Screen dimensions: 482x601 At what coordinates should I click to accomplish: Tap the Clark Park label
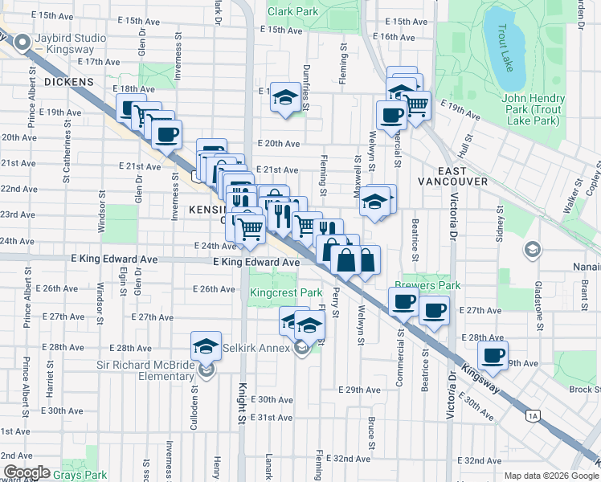[292, 11]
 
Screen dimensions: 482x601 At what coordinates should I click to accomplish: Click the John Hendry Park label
[529, 110]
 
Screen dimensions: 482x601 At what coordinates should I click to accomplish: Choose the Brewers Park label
[438, 284]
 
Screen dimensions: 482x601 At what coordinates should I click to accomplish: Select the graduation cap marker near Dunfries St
[284, 98]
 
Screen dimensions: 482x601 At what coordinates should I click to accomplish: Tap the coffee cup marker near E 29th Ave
[493, 354]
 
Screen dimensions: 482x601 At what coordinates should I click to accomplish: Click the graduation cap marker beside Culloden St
[206, 346]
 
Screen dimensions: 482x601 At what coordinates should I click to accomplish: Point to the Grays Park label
[86, 475]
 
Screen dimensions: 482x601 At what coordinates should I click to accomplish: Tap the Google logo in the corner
[26, 472]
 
